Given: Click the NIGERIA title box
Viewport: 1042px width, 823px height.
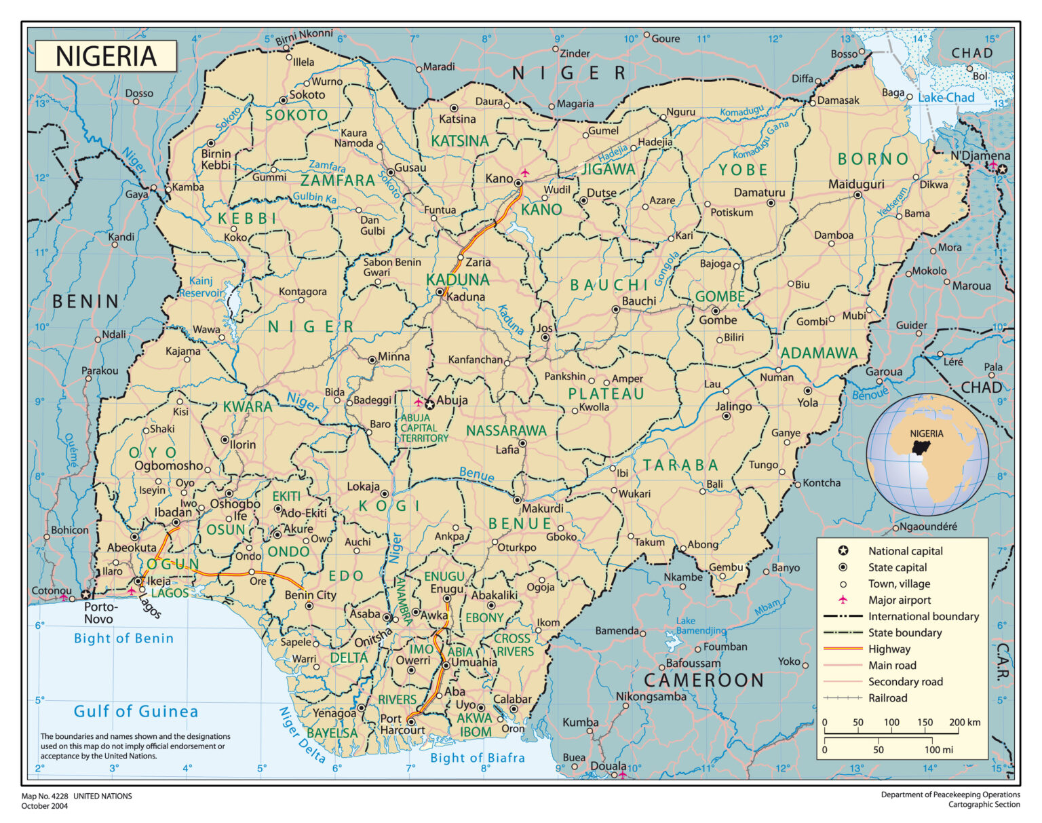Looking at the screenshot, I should (106, 56).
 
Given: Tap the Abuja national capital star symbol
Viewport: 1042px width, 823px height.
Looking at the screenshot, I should (429, 404).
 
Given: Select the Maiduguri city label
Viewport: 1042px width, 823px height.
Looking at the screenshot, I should (856, 184).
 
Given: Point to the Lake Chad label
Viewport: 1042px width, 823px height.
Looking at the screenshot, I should (946, 98).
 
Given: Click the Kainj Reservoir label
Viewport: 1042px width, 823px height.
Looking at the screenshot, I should (201, 287).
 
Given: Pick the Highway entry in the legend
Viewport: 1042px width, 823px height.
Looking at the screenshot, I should (889, 649).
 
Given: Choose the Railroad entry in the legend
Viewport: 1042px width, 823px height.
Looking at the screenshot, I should (887, 698).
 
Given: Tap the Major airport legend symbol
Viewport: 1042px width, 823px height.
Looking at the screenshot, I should (843, 600).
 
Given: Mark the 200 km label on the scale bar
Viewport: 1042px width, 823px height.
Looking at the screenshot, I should (965, 723).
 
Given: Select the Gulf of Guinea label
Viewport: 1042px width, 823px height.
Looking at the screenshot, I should (136, 711).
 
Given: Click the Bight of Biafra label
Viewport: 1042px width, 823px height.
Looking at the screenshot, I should (478, 758).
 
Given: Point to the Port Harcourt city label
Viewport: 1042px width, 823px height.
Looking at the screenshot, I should (402, 724).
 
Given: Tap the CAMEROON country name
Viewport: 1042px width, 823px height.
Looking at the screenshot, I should (703, 680).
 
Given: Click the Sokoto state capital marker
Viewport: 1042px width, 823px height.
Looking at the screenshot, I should (284, 100).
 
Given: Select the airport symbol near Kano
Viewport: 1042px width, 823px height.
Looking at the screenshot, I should (524, 172).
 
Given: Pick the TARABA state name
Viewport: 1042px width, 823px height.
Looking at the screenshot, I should (680, 465).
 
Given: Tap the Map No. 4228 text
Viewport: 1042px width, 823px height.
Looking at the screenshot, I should (77, 796).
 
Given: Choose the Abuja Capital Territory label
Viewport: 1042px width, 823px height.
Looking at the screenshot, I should (423, 428).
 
